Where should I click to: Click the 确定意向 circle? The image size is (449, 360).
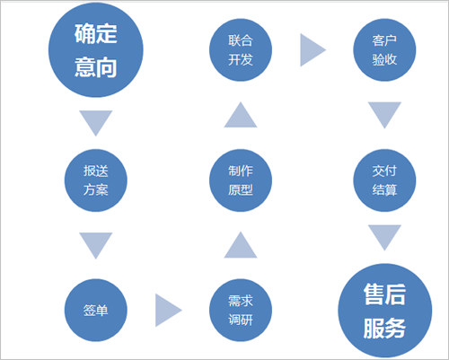click(96, 49)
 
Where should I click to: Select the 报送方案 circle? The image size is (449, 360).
click(96, 180)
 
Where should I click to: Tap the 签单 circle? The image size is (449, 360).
click(96, 310)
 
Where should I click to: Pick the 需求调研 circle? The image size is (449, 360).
click(241, 310)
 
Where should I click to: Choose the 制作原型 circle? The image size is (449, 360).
click(241, 180)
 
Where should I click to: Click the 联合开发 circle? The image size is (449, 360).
click(241, 50)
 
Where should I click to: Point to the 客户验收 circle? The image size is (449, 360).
click(384, 50)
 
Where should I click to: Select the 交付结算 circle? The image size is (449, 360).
click(384, 180)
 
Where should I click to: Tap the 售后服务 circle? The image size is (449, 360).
click(385, 311)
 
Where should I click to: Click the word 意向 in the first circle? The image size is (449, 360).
click(96, 67)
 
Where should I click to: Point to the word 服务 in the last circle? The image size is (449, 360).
click(384, 328)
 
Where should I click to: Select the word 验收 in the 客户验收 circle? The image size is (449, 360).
click(384, 59)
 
